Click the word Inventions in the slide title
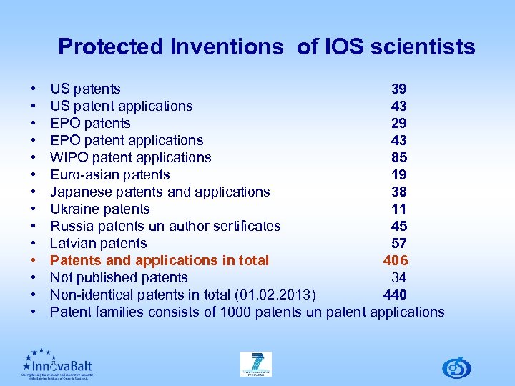(x=227, y=47)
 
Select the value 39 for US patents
(x=398, y=89)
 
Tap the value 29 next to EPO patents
(x=398, y=124)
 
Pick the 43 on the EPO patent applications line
(x=398, y=141)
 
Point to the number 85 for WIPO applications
(x=398, y=158)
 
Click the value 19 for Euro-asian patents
(x=398, y=175)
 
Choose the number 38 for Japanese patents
(x=398, y=192)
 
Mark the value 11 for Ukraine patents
(x=398, y=209)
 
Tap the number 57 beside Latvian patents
(x=398, y=244)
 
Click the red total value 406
(x=395, y=261)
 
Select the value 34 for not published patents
(x=398, y=278)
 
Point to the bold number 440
(x=395, y=295)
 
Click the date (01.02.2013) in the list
(x=278, y=295)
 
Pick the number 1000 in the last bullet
(x=235, y=312)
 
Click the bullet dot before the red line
(x=34, y=261)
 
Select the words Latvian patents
(x=98, y=244)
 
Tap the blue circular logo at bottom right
(x=456, y=367)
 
